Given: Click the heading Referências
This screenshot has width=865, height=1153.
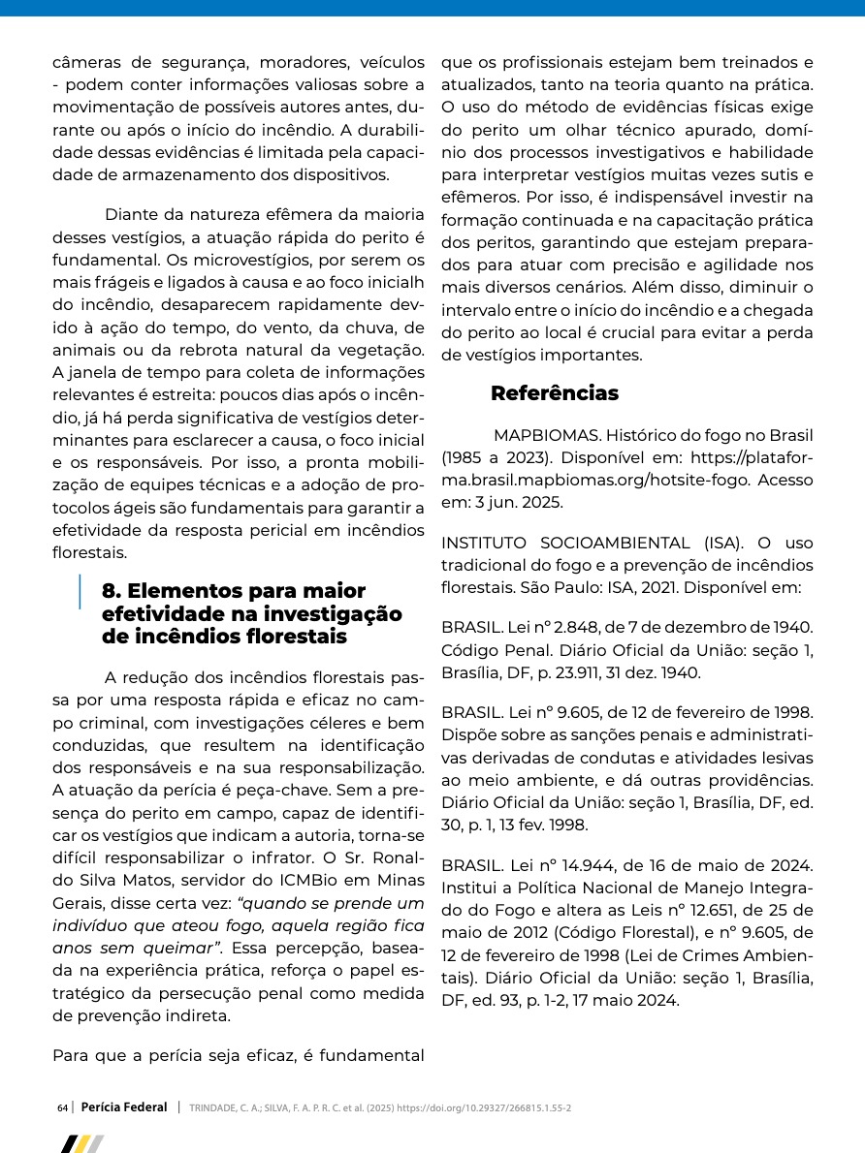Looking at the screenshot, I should coord(554,393).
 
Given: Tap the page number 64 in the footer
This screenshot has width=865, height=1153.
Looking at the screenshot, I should coord(62,1107).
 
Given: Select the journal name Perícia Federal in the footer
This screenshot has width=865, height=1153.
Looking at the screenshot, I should coord(124,1106).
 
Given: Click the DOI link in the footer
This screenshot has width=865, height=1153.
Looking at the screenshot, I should coord(484,1107).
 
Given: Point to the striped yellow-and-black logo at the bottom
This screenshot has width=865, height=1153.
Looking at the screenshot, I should coord(81,1144).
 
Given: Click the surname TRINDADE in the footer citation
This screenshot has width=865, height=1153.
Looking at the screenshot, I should coord(213,1107).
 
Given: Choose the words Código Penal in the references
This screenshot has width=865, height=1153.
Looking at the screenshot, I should coord(486,649).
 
